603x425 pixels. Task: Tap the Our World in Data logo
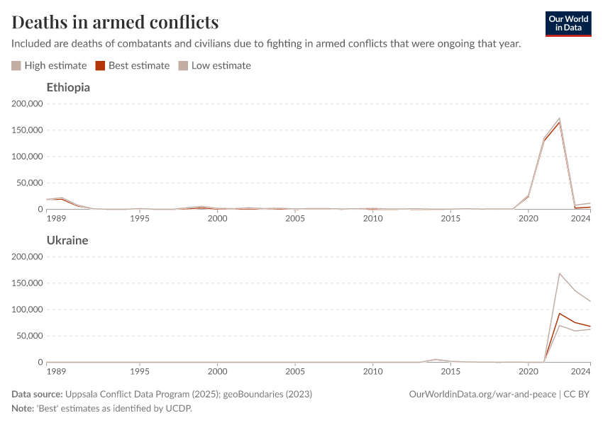tap(568, 23)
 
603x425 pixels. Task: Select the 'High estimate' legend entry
tap(49, 65)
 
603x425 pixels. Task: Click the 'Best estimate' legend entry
tap(133, 65)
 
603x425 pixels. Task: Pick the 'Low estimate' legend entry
tap(214, 65)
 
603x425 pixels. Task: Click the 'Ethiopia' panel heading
tap(68, 88)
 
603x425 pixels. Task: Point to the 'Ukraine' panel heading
tap(67, 240)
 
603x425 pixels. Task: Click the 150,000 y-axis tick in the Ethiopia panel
tap(28, 130)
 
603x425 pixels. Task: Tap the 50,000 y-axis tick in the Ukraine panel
tap(30, 336)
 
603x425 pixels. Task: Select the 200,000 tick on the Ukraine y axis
tap(28, 256)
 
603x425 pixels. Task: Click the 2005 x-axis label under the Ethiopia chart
tap(295, 219)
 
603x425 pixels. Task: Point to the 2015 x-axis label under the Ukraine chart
tap(450, 372)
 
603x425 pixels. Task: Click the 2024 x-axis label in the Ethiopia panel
tap(580, 219)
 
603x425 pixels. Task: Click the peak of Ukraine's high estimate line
tap(559, 273)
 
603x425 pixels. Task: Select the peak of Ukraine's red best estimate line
tap(559, 313)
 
